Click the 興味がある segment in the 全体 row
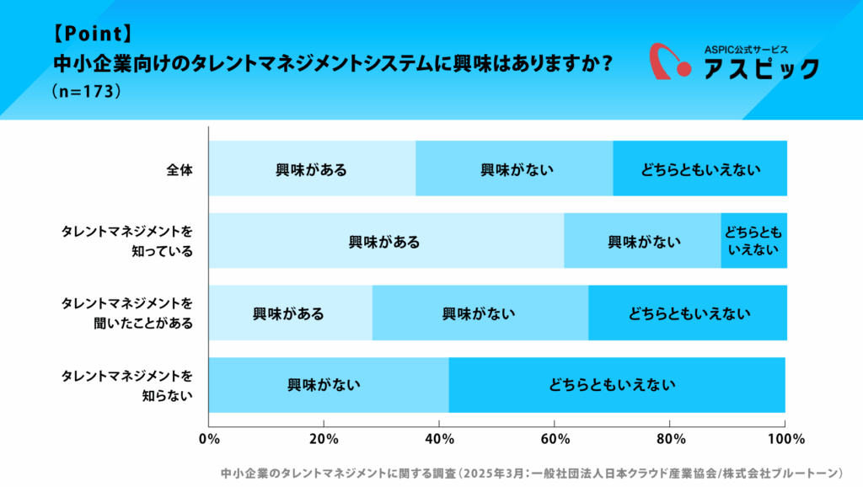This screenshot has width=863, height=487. tap(312, 169)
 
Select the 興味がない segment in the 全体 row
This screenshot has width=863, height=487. tap(514, 169)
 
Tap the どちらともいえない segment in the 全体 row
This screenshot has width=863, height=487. tap(700, 169)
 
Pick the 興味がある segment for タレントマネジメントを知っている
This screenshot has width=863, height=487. tap(385, 242)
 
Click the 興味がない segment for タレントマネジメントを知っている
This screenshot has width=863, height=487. tap(642, 242)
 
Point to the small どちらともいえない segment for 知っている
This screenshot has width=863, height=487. tap(753, 242)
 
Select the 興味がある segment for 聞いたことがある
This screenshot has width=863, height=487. tap(289, 314)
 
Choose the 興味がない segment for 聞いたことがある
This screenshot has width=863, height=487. tap(480, 314)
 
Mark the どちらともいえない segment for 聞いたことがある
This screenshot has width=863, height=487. tap(688, 314)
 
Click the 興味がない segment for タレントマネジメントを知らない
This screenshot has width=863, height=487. tap(328, 386)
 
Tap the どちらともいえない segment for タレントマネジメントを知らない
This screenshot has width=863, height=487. tap(616, 386)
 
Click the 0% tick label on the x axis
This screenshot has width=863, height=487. tap(208, 439)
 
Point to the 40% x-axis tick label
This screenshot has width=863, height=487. tap(439, 439)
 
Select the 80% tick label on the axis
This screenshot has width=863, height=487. tap(669, 439)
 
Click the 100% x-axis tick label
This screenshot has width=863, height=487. tap(785, 439)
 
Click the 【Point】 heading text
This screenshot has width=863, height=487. tap(92, 35)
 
